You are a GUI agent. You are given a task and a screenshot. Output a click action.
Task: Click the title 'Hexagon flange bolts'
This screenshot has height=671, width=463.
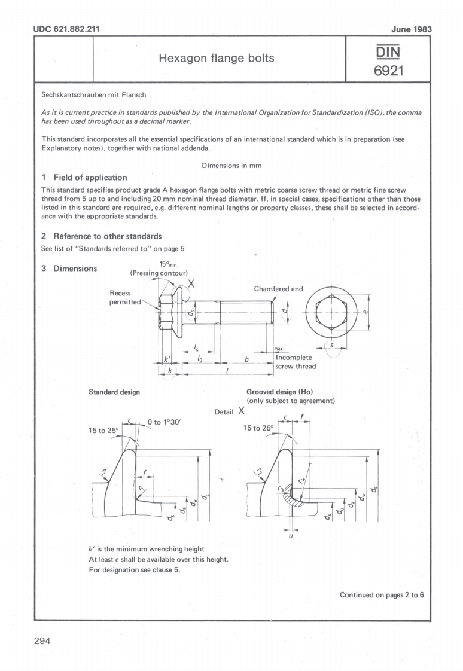click(x=220, y=59)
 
